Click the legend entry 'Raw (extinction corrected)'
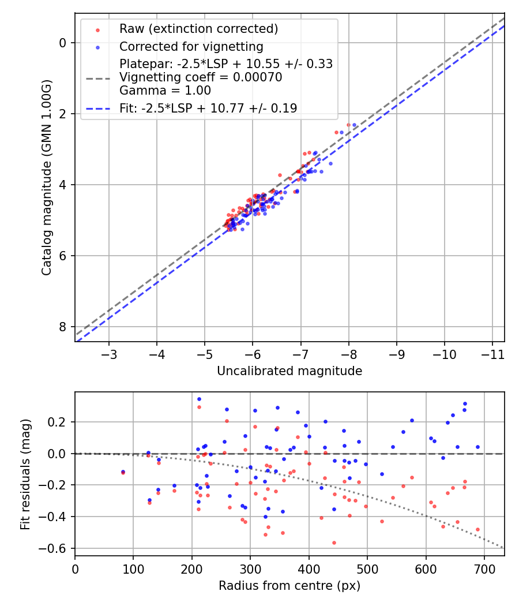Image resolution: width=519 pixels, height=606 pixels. click(x=198, y=29)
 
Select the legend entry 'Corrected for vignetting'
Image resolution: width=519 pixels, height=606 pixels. click(x=191, y=47)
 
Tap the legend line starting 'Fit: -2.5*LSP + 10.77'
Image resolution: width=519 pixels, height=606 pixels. click(x=208, y=108)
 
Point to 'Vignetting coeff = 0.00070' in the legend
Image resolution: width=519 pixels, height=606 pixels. click(x=201, y=77)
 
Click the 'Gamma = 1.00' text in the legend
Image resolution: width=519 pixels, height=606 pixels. click(x=165, y=90)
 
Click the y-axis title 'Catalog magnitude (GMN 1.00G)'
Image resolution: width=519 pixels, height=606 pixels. click(x=47, y=177)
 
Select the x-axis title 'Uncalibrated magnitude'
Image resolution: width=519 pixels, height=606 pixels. click(x=289, y=371)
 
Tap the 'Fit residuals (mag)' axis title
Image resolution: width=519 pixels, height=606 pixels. click(x=24, y=474)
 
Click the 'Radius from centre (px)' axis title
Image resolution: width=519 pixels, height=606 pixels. click(x=289, y=586)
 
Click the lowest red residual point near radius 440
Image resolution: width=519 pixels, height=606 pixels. click(x=334, y=543)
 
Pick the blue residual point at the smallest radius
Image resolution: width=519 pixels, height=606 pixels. click(x=123, y=472)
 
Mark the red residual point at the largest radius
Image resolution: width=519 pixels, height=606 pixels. click(x=477, y=529)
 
